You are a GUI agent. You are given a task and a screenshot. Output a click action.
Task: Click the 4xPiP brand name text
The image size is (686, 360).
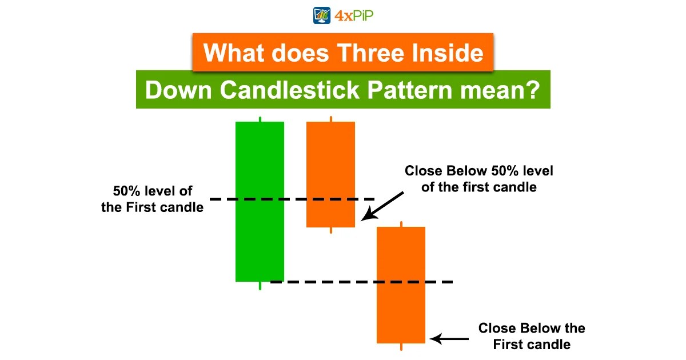tap(354, 14)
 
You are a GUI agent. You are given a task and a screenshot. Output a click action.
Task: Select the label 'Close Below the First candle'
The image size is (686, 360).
tap(532, 336)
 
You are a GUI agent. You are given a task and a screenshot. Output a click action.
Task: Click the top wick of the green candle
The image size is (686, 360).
tap(260, 119)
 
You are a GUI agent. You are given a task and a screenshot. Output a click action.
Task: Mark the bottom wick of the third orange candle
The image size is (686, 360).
tap(401, 347)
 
